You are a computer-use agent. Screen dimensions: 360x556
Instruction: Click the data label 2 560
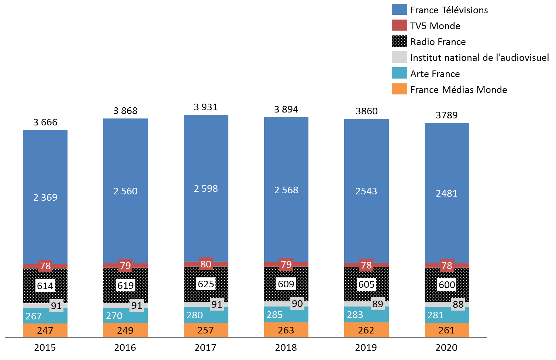click(x=125, y=191)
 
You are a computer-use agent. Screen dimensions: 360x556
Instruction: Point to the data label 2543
click(x=366, y=191)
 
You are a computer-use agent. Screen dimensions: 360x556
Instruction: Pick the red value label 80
click(x=206, y=264)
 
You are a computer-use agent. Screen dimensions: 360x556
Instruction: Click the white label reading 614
click(x=45, y=285)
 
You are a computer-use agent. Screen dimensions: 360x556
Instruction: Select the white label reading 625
click(x=206, y=284)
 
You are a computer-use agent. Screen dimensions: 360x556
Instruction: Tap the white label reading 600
click(x=447, y=284)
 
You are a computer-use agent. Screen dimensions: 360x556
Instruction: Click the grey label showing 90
click(x=297, y=304)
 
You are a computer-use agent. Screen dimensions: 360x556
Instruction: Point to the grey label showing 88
click(x=458, y=304)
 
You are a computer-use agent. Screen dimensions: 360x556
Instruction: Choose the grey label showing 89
click(x=378, y=304)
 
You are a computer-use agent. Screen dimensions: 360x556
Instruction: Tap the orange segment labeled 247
click(x=45, y=330)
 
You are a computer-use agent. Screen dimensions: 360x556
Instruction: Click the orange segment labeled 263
click(x=286, y=330)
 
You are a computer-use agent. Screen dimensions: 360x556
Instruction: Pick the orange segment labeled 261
click(x=447, y=330)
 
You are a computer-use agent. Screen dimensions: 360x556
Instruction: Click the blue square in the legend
click(x=400, y=9)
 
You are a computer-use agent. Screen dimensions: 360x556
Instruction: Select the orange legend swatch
click(x=400, y=89)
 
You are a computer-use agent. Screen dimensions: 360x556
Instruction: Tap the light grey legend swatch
click(x=400, y=57)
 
